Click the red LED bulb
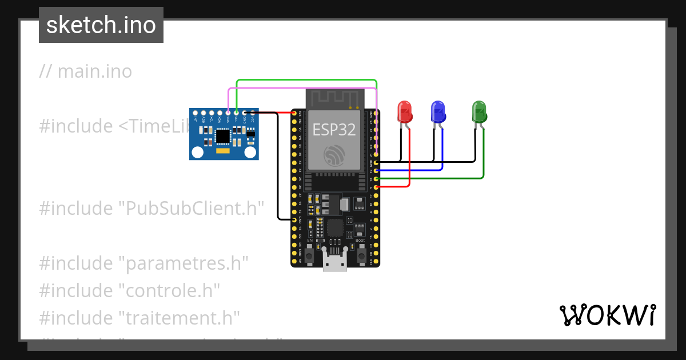[x=405, y=111]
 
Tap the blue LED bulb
[x=438, y=111]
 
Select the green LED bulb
[x=478, y=111]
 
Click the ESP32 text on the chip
[x=334, y=130]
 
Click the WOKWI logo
[x=607, y=315]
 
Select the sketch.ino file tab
[x=101, y=25]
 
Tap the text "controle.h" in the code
[x=169, y=290]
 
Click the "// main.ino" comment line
[x=86, y=71]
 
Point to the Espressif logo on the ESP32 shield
[x=334, y=155]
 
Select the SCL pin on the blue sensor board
[x=236, y=113]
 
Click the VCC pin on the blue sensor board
[x=252, y=113]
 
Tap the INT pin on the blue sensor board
[x=196, y=113]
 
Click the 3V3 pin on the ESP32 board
[x=295, y=113]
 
